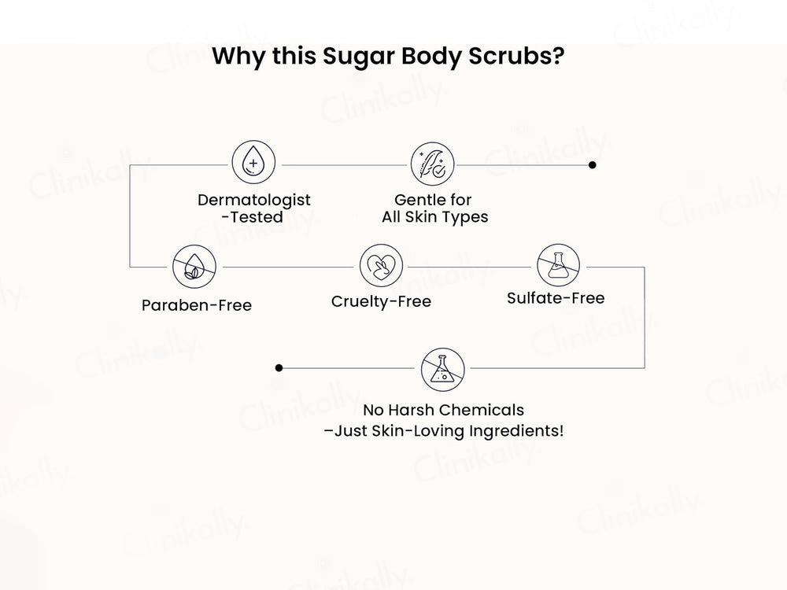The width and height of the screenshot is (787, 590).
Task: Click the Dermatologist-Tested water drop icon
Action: coord(253,164)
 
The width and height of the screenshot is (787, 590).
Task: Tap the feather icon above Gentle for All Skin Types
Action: coord(433,164)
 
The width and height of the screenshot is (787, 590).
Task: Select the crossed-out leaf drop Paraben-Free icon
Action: coord(194,266)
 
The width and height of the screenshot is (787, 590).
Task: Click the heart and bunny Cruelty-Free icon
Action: coord(381,265)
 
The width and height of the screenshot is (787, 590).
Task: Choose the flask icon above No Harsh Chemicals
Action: coord(442,367)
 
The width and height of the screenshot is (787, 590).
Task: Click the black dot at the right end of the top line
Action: coord(593,165)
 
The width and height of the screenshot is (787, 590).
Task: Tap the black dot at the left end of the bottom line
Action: coord(279,367)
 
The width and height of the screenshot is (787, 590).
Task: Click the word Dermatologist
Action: coord(254,200)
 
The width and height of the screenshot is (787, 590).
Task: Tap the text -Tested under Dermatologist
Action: coord(253,217)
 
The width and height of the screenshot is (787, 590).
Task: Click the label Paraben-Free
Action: coord(197,305)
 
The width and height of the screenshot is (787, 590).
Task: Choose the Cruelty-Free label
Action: coord(381,301)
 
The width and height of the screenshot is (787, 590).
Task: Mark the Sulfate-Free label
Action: coord(556,298)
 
